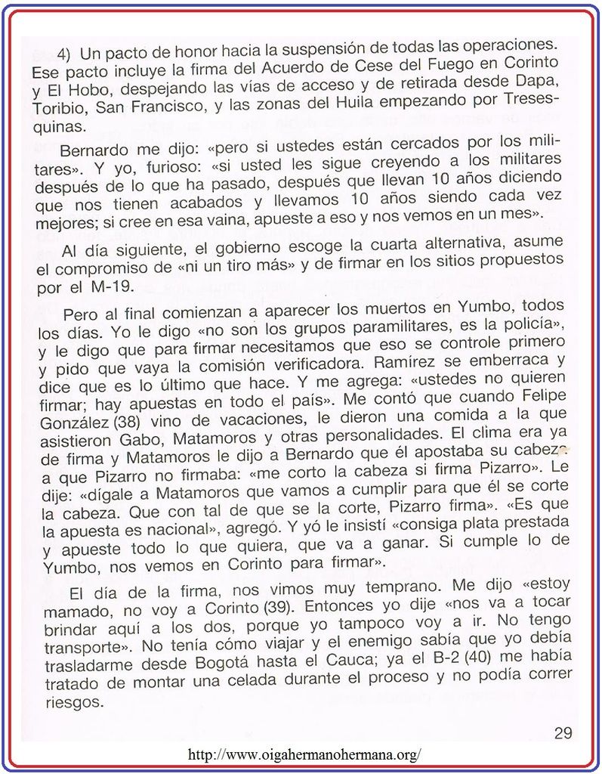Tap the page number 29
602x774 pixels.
click(x=562, y=732)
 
